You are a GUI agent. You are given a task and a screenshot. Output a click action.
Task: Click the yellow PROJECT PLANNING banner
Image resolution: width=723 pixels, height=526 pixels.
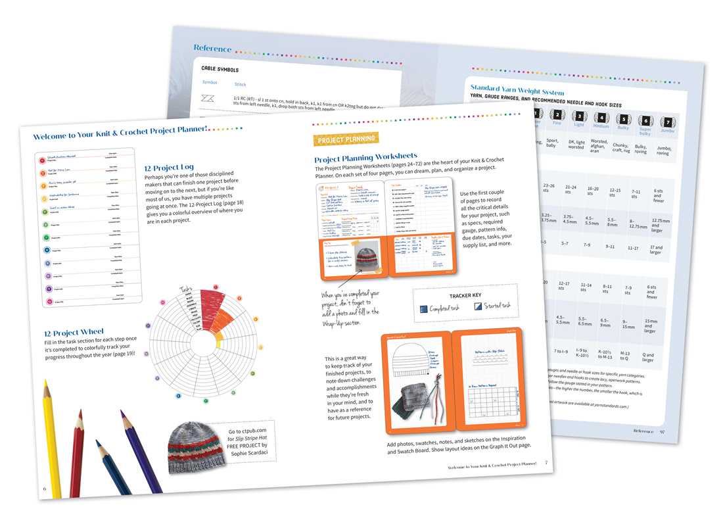click(x=346, y=139)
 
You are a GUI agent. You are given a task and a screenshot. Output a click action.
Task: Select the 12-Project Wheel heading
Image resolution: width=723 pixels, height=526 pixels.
click(x=71, y=333)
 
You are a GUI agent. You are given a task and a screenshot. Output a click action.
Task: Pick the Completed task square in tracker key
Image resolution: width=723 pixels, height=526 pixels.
click(x=423, y=308)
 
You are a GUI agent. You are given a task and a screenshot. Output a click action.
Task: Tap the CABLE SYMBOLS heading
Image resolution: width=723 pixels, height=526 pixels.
click(x=220, y=69)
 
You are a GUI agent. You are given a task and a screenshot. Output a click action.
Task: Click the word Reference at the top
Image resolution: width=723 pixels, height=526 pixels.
click(x=212, y=48)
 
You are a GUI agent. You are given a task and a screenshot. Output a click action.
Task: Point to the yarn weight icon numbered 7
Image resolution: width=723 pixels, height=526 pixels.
click(x=667, y=122)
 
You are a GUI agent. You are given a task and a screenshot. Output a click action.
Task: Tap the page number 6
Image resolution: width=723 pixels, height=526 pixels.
click(x=44, y=489)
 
